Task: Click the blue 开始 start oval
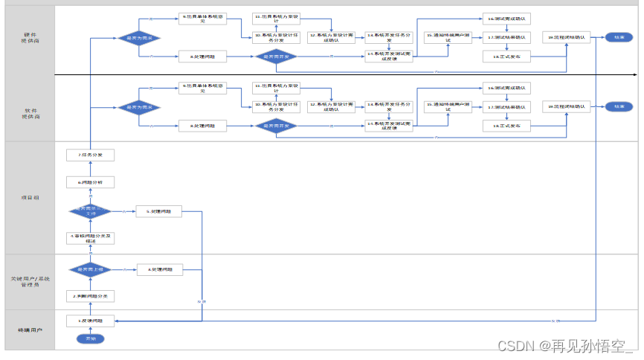point(90,338)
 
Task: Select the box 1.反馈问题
point(90,321)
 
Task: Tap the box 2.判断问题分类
point(90,296)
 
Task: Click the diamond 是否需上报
point(90,270)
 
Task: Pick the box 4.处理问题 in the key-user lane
point(159,269)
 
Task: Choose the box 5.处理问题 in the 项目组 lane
point(159,211)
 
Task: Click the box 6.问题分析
point(90,181)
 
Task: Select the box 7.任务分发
point(90,155)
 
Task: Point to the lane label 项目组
point(30,197)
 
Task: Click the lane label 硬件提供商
point(30,37)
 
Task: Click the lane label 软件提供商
point(30,114)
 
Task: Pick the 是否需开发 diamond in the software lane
point(276,126)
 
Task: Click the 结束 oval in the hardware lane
point(619,37)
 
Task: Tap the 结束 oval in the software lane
point(619,106)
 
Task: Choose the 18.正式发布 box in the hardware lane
point(506,56)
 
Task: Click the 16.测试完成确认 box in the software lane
point(506,88)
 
